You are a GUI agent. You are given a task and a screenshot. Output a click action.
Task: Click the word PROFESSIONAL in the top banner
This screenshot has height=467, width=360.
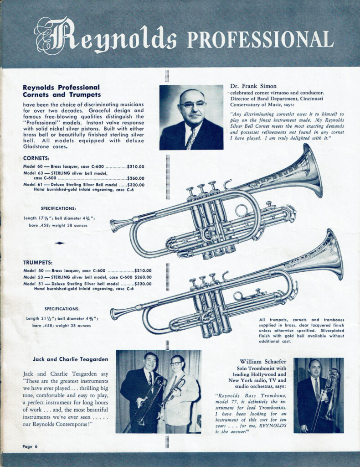point(260,40)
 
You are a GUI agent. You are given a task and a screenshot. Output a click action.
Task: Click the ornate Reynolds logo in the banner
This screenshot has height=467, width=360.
point(106,36)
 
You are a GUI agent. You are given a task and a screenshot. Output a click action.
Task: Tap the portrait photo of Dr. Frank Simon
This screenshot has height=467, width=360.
point(191,117)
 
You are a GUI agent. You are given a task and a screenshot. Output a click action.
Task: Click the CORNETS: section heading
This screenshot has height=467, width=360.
point(36,158)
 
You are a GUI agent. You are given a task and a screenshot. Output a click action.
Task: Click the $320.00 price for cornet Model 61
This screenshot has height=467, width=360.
point(136,185)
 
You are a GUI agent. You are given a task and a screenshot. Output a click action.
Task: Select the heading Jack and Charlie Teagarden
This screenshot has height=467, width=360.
point(64,359)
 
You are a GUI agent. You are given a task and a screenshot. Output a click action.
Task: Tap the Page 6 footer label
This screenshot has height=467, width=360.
point(30,446)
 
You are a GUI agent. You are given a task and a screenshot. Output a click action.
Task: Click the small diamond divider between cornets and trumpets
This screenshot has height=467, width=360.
point(60,243)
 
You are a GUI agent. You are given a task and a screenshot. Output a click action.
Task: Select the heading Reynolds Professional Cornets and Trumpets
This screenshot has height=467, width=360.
point(62,91)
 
